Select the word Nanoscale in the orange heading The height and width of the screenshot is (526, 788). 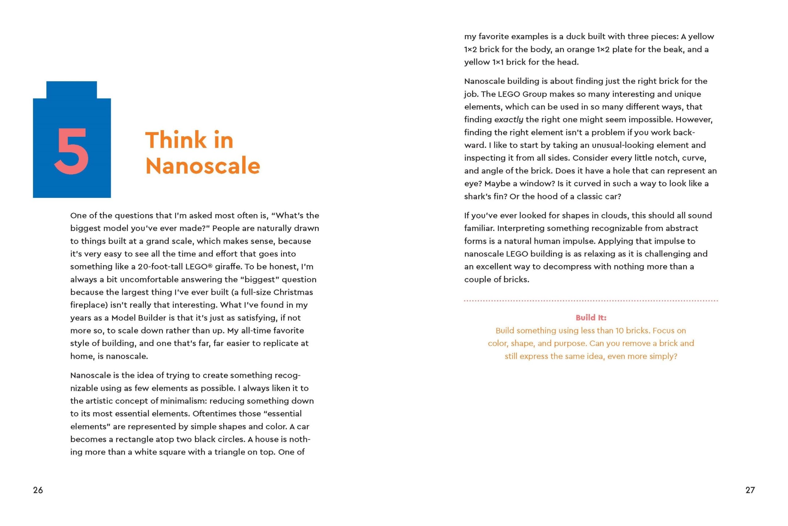[x=203, y=166]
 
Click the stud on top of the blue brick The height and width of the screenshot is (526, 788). [x=71, y=90]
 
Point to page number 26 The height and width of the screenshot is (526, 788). [x=38, y=490]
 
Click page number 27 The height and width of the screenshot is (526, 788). [x=750, y=490]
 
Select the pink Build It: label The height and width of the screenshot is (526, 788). [x=591, y=317]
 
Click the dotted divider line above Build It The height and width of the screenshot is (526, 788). [x=591, y=300]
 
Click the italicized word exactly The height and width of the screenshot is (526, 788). [x=509, y=120]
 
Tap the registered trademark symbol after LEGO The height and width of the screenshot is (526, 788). [x=210, y=266]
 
